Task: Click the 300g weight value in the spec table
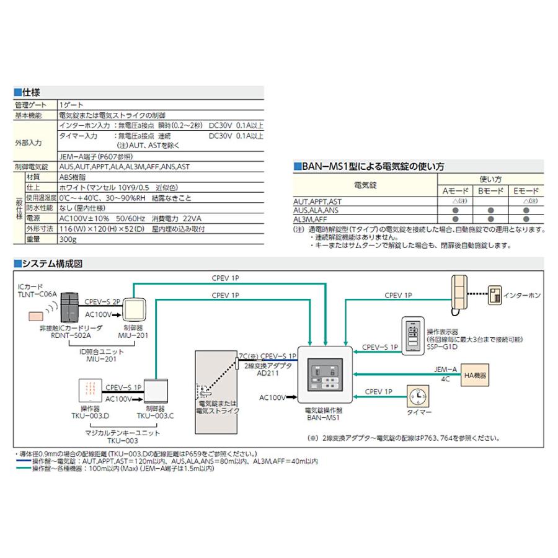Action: click(x=68, y=239)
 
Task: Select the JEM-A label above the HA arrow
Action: click(x=446, y=370)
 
